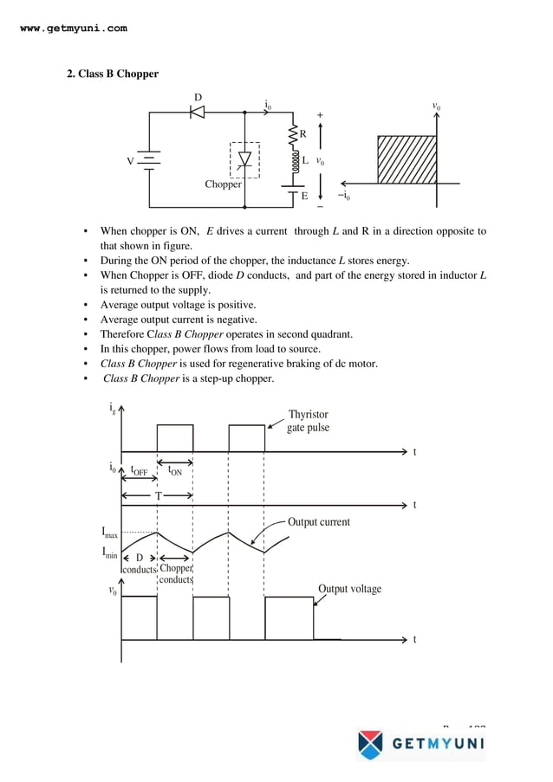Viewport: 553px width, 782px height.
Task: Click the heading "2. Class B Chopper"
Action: tap(113, 74)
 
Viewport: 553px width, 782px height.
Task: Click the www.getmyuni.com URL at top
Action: tap(73, 29)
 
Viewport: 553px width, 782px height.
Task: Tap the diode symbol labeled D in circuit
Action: tap(198, 113)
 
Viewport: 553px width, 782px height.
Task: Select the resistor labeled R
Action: tap(293, 134)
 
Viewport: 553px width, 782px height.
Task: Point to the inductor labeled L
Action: tap(294, 161)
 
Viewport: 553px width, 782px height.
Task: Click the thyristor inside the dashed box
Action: tap(244, 159)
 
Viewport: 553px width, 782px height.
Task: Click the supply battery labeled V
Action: tap(149, 162)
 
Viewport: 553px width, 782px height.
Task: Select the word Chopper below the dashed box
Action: tap(223, 184)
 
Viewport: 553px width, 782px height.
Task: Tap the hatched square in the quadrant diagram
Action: tap(407, 159)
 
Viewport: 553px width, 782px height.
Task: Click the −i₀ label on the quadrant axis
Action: tap(344, 196)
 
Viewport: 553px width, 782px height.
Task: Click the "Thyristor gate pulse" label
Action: tap(308, 421)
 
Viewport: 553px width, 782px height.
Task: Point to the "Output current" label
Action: tap(318, 522)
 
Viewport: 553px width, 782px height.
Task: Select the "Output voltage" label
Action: tap(349, 589)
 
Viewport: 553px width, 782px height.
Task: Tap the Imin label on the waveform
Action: tap(109, 553)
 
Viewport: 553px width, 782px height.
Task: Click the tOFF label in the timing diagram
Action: tap(139, 472)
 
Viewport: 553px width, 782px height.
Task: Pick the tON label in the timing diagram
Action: tap(175, 472)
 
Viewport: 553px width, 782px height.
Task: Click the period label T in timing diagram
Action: tap(158, 495)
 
